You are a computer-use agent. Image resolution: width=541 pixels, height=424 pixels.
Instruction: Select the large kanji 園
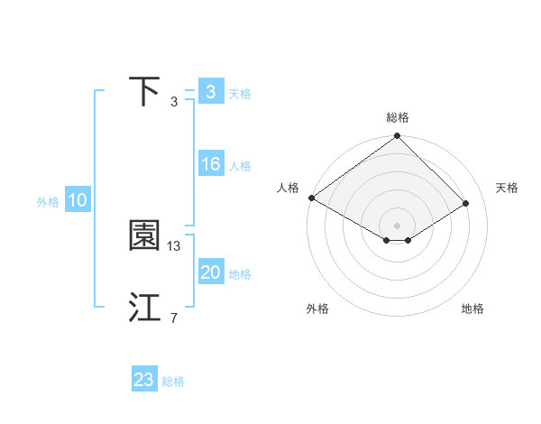click(x=144, y=236)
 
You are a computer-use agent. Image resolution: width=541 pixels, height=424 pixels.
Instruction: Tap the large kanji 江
click(x=144, y=308)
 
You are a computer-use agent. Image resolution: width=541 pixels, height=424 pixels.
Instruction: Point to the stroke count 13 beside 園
click(x=174, y=245)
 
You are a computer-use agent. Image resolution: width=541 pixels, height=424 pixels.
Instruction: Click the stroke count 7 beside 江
click(x=173, y=318)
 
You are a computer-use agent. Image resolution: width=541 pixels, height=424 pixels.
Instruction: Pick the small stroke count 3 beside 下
click(x=173, y=101)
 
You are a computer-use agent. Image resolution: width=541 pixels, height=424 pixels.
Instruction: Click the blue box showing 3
click(x=210, y=92)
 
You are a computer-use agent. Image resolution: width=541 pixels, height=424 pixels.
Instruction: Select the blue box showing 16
click(x=210, y=164)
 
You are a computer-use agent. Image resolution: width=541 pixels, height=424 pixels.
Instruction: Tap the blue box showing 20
click(x=210, y=272)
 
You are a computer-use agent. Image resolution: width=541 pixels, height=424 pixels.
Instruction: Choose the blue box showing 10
click(x=77, y=201)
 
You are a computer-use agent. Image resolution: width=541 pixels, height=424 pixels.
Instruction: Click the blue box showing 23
click(x=143, y=380)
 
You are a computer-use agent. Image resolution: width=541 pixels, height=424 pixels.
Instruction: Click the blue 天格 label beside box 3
click(x=240, y=94)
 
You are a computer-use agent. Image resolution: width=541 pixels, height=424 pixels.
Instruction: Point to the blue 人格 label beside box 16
click(x=240, y=166)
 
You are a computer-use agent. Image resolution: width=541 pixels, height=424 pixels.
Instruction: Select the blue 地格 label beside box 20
click(x=240, y=274)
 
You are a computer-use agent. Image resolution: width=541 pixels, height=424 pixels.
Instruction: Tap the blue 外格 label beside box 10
click(x=48, y=203)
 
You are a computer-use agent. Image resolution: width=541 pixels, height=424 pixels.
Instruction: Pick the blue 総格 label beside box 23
click(x=173, y=382)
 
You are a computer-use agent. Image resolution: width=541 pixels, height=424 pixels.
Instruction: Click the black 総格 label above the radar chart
click(x=397, y=117)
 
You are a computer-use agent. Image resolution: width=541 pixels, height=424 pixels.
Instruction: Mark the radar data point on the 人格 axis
click(x=311, y=198)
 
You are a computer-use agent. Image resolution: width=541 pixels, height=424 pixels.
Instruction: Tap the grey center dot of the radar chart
click(x=397, y=226)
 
